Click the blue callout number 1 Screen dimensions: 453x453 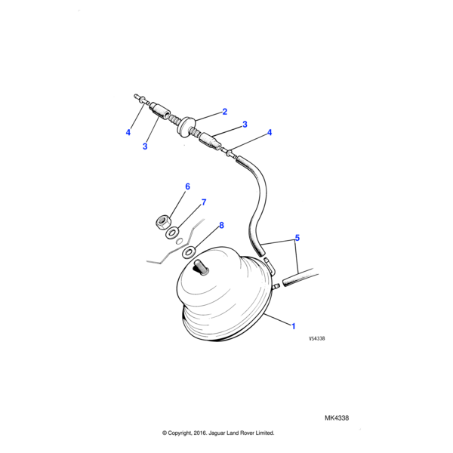click(294, 326)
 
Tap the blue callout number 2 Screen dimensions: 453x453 click(225, 112)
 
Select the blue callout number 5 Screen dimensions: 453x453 click(297, 238)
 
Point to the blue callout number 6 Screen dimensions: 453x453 click(187, 186)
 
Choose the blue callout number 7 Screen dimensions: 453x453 click(204, 202)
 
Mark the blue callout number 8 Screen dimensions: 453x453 click(221, 225)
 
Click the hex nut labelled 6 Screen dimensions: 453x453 click(162, 223)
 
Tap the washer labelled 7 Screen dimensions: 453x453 click(172, 233)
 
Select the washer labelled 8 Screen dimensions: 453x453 click(189, 252)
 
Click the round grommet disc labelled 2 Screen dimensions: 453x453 click(186, 127)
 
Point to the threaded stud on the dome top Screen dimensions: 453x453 click(202, 267)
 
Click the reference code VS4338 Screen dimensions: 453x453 click(317, 338)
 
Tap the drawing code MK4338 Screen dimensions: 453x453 click(337, 418)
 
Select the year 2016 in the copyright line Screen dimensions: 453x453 click(199, 433)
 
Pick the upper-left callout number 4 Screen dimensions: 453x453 click(128, 132)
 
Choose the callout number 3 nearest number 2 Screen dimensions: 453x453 click(245, 125)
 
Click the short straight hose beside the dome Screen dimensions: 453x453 click(300, 278)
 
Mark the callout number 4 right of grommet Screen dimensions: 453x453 click(270, 132)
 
